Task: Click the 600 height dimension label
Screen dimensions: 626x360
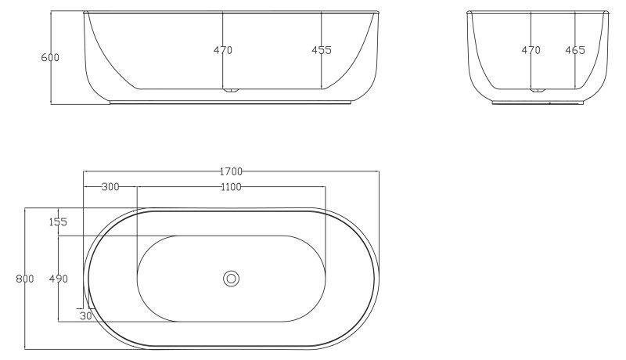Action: click(50, 57)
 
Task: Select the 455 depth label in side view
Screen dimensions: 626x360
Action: click(322, 50)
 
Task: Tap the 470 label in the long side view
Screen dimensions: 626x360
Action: click(223, 50)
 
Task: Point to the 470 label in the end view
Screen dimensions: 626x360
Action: click(531, 50)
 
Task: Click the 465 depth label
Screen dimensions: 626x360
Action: click(575, 50)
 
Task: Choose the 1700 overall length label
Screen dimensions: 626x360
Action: click(231, 171)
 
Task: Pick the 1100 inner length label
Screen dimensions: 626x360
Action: click(231, 187)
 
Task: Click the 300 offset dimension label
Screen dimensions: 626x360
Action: click(110, 187)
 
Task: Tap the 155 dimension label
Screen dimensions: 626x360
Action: click(58, 222)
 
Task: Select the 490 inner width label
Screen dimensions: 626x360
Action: click(58, 279)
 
